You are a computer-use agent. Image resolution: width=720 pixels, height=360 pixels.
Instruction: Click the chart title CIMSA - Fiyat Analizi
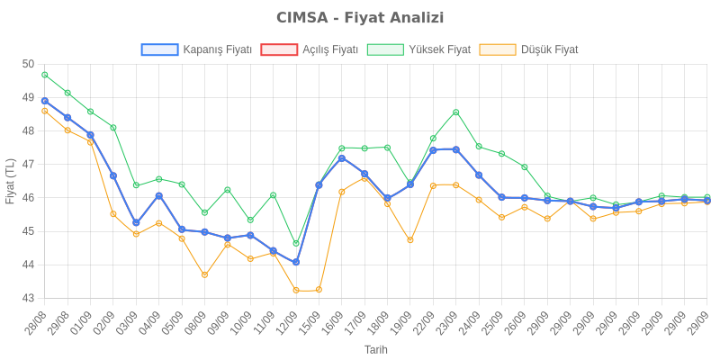[360, 18]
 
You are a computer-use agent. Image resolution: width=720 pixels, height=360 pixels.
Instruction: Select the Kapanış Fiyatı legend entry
[196, 49]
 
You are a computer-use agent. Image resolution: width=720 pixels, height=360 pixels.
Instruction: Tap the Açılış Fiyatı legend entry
[310, 49]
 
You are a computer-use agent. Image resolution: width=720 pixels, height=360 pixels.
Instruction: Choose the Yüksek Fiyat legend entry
[419, 49]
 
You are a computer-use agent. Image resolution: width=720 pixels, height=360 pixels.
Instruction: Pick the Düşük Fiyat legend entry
[529, 49]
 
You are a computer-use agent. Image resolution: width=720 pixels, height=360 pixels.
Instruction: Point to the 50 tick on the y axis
[28, 64]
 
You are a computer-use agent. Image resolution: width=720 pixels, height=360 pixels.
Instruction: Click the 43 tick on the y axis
[28, 298]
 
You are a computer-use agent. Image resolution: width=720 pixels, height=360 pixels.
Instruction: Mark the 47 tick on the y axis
[28, 164]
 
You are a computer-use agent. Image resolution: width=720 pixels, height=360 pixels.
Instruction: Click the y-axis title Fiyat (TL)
[11, 181]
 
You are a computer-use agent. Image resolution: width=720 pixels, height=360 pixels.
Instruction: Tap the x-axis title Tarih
[376, 348]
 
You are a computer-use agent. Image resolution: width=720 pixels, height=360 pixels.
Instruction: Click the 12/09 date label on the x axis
[287, 321]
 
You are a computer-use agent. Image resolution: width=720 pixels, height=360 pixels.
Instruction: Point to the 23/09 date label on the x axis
[447, 321]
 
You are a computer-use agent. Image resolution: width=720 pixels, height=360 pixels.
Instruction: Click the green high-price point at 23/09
[456, 112]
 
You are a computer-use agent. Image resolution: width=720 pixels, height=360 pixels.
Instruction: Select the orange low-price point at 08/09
[204, 274]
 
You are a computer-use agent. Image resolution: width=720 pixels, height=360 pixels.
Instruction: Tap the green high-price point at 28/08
[45, 75]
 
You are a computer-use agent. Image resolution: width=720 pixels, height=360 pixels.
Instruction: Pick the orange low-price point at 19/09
[410, 240]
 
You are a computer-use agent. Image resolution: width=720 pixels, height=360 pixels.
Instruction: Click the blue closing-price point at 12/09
[296, 262]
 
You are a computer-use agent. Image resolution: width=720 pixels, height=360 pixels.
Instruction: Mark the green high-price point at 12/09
[296, 243]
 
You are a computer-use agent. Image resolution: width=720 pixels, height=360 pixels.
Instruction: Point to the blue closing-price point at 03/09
[136, 223]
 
